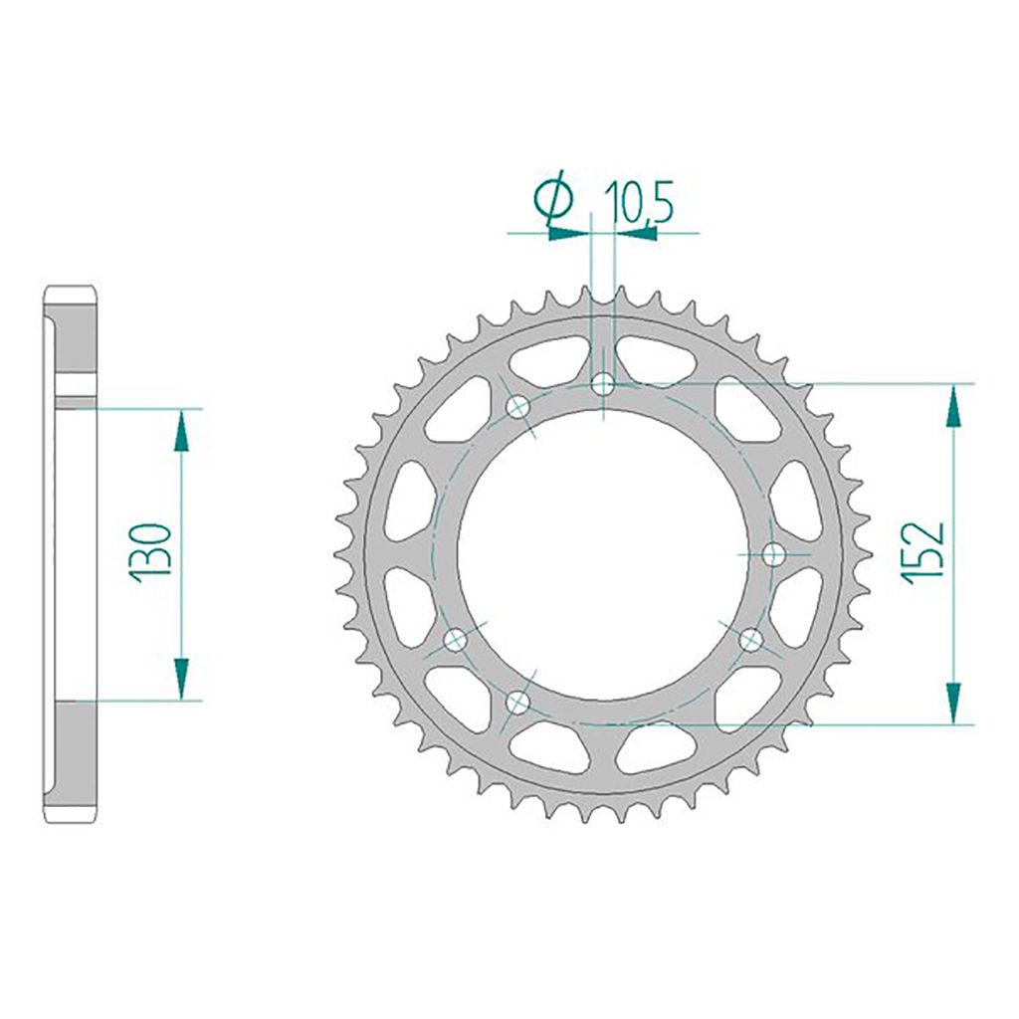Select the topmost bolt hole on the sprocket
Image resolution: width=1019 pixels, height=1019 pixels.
[x=604, y=383]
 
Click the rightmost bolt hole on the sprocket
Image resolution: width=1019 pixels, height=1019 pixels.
[x=773, y=554]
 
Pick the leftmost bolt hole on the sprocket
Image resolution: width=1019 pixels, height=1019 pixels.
[x=455, y=640]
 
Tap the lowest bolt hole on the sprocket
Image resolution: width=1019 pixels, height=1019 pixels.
[x=517, y=701]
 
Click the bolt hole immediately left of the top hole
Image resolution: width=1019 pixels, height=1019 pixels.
[x=517, y=408]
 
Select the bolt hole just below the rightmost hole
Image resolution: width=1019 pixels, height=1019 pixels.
[x=752, y=640]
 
